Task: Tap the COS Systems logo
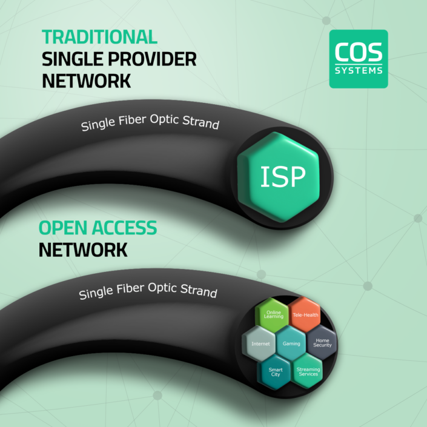click(359, 59)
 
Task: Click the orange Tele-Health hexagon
click(304, 315)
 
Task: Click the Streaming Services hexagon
click(308, 371)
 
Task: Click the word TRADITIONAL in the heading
click(100, 36)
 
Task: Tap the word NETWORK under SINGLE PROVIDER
click(87, 81)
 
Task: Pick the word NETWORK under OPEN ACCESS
click(84, 250)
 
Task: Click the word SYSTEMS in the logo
click(359, 70)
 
